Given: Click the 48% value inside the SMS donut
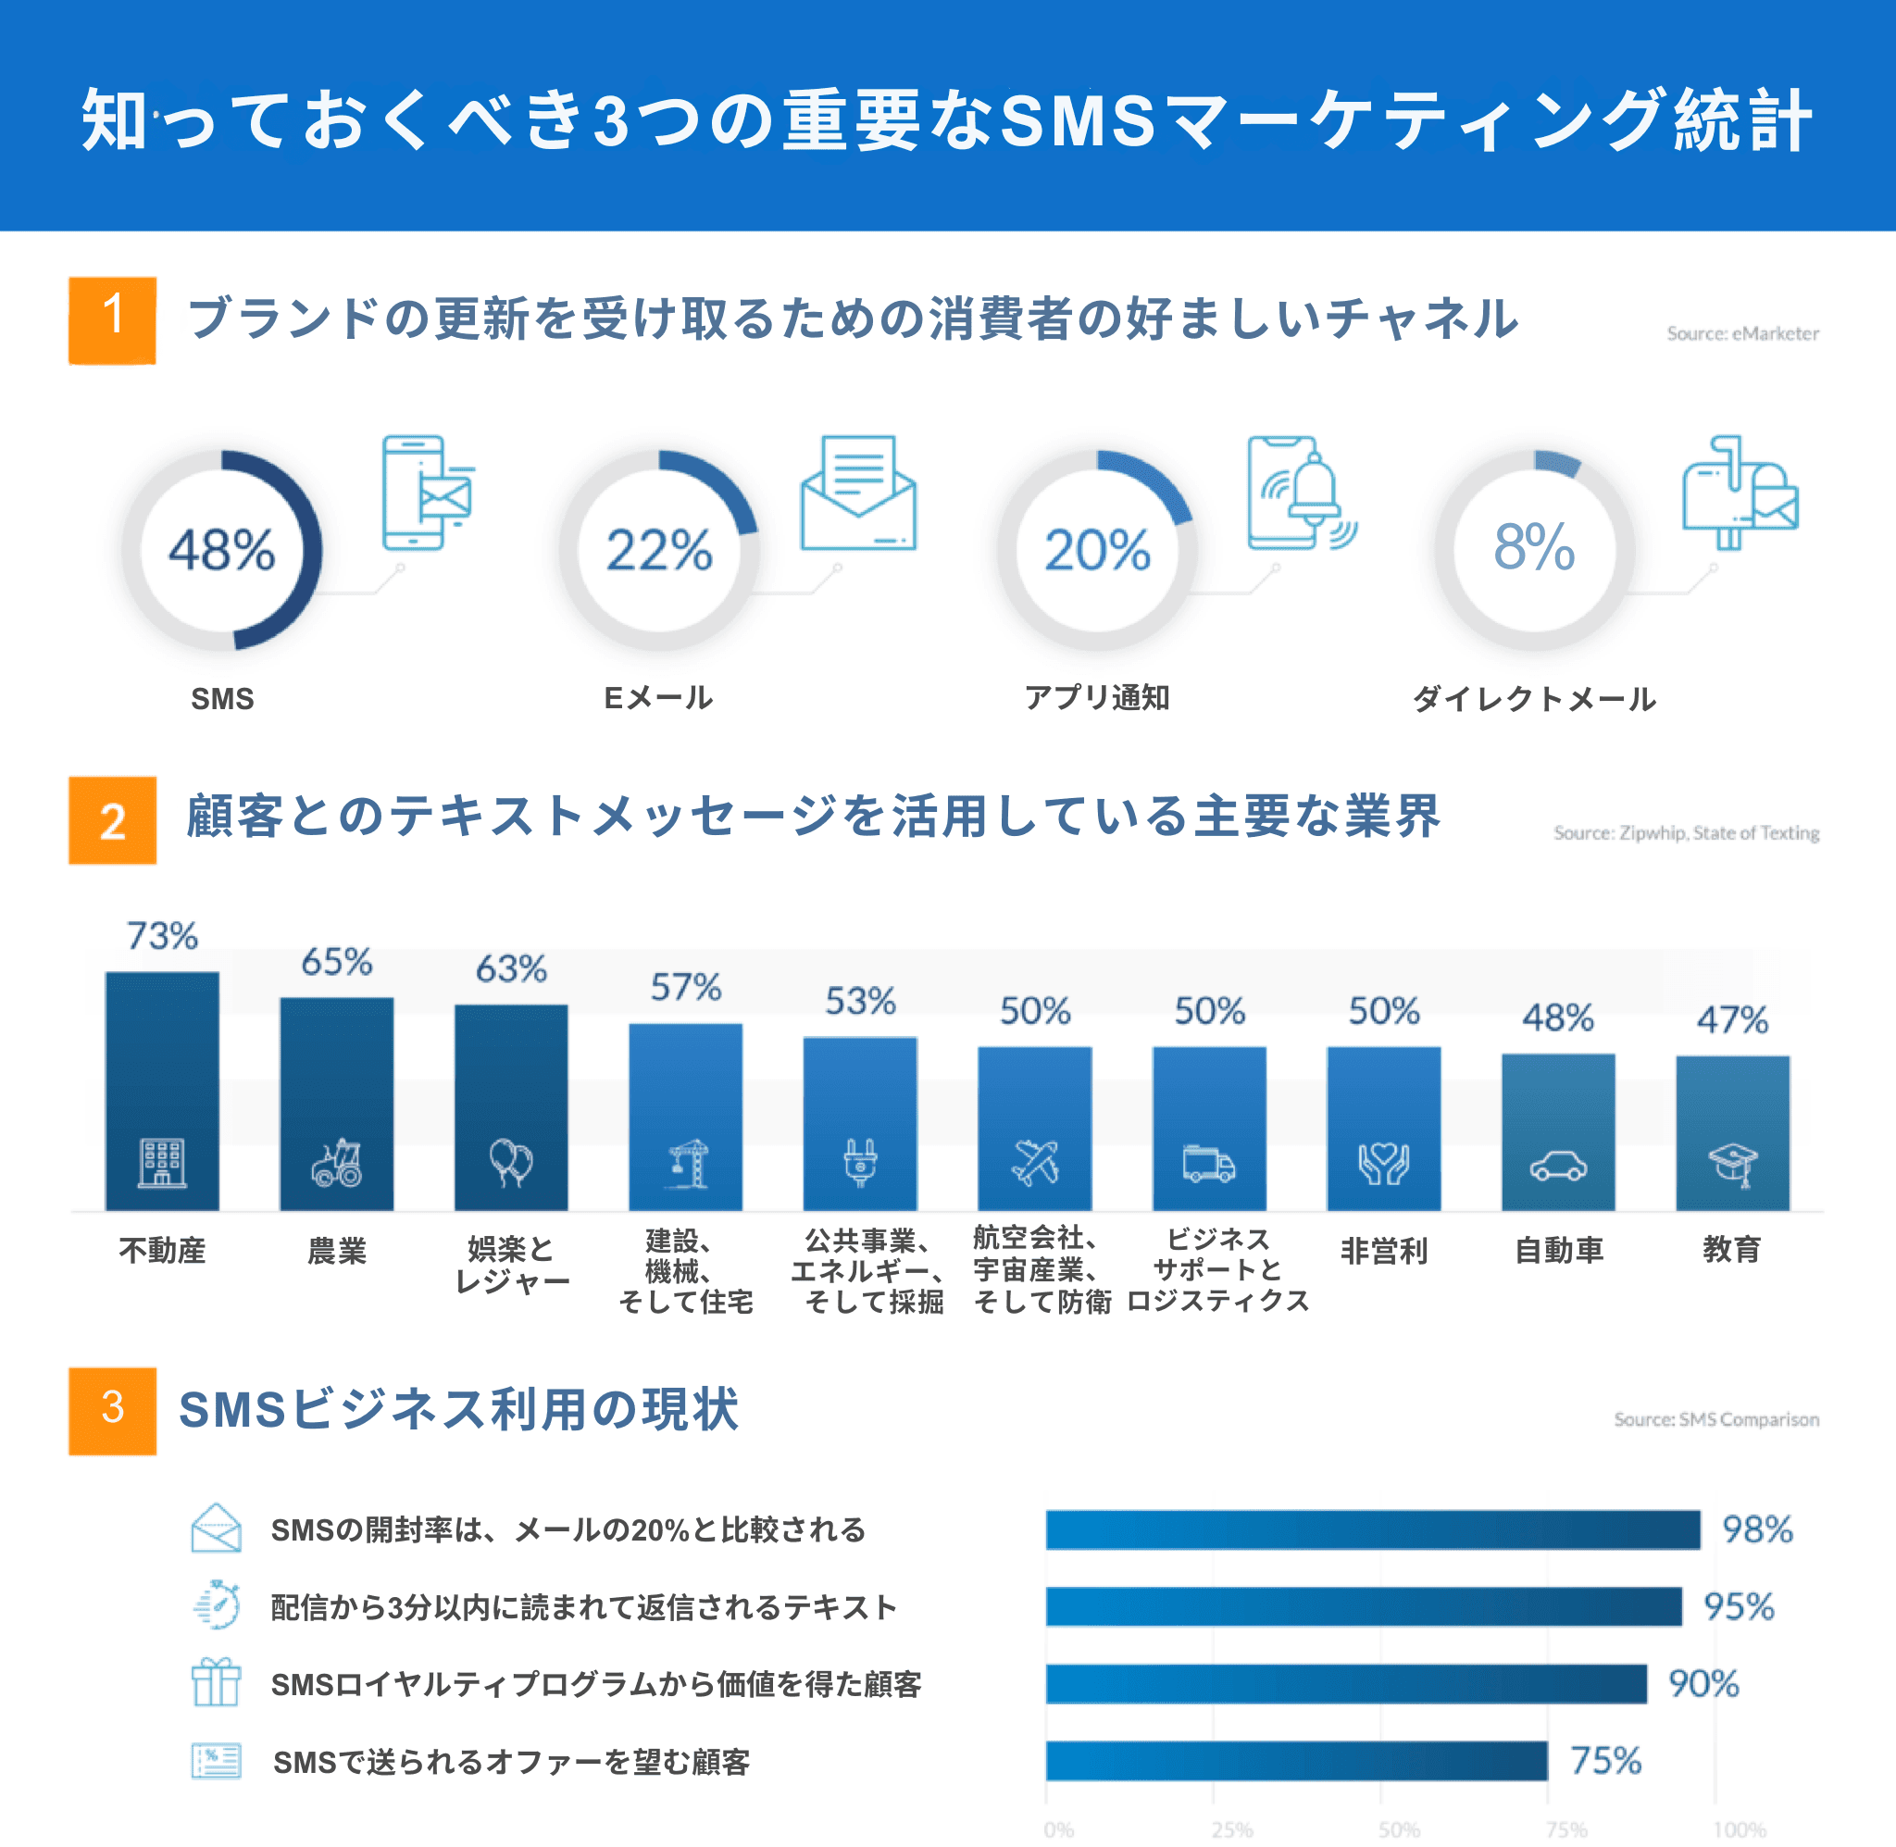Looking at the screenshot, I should (x=222, y=550).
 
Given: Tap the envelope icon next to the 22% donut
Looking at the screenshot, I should (x=858, y=493).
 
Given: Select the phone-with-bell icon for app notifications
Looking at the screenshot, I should (x=1300, y=493).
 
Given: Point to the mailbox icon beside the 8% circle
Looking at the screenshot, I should (x=1739, y=493).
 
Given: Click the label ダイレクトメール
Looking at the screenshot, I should (x=1533, y=698).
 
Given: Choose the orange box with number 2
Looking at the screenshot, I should (x=113, y=819).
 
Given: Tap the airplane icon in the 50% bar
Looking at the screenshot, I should (x=1035, y=1162).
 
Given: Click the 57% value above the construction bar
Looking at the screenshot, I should (x=686, y=988).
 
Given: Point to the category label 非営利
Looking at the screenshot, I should (x=1383, y=1252).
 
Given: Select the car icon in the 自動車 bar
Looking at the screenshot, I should (x=1557, y=1165).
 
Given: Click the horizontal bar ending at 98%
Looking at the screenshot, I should (x=1372, y=1529).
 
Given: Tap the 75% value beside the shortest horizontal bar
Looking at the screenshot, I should (x=1605, y=1761).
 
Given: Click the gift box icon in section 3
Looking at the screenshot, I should (x=216, y=1682).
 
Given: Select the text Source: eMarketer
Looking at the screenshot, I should (x=1741, y=333).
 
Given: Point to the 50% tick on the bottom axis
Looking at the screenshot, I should (x=1399, y=1829).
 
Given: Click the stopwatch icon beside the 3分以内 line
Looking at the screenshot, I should (x=218, y=1605).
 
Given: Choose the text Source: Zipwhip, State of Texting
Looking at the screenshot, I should (x=1686, y=833).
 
